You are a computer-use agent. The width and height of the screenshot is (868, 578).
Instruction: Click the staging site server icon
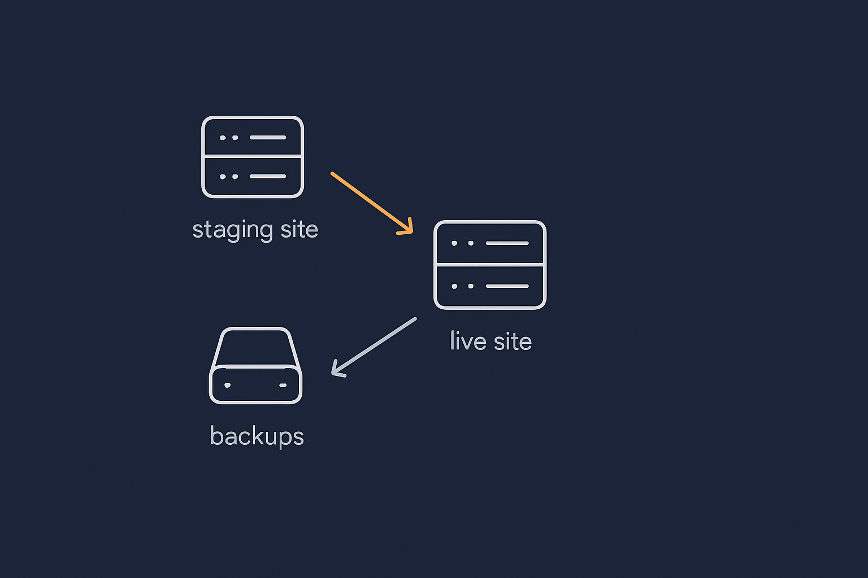(253, 157)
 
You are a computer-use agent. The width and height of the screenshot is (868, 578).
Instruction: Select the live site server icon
(489, 265)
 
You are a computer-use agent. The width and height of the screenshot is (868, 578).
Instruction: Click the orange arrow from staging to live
(370, 202)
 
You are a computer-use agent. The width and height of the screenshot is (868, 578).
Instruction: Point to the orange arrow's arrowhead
(408, 229)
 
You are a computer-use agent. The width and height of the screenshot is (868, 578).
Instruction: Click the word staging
(232, 230)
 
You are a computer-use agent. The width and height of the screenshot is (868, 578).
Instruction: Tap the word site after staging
(300, 230)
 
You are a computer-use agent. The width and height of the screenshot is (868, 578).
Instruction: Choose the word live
(468, 341)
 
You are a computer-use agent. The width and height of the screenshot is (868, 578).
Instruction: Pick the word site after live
(513, 341)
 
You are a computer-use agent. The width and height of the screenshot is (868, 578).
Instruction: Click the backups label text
(257, 436)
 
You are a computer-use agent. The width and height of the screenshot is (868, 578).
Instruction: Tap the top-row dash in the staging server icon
(268, 138)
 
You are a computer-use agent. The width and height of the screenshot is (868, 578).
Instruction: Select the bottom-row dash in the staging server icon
(268, 177)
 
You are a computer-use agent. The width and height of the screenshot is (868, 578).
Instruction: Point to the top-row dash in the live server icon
(507, 243)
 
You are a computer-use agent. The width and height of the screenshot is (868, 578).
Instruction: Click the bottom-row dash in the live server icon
(507, 286)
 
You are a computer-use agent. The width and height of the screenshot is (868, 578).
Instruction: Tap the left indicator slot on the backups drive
(227, 386)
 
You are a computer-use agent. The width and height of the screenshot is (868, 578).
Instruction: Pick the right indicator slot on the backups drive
(283, 386)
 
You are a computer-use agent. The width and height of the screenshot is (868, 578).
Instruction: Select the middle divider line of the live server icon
(489, 264)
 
